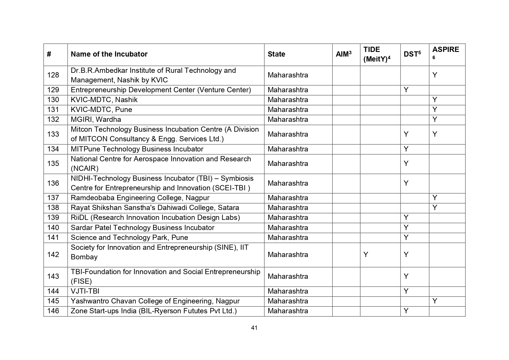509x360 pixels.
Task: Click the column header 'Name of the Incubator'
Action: click(x=109, y=54)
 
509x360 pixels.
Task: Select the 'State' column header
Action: click(x=276, y=54)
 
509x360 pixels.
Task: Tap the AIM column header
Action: click(x=343, y=54)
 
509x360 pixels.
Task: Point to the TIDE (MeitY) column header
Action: click(x=376, y=54)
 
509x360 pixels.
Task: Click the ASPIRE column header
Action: click(x=445, y=50)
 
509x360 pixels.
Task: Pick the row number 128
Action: click(x=53, y=75)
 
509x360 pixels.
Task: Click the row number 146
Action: click(x=53, y=311)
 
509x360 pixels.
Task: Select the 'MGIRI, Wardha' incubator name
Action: click(x=96, y=120)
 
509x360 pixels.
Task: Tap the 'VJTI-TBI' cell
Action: click(x=85, y=291)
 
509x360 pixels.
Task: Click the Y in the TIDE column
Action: click(x=366, y=255)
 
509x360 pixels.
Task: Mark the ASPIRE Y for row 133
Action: click(x=434, y=134)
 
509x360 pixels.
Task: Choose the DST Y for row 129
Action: click(x=406, y=90)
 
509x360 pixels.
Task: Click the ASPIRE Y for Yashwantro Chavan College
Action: click(x=434, y=301)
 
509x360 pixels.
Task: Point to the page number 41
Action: click(x=254, y=328)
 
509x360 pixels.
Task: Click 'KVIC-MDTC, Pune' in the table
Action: click(x=101, y=110)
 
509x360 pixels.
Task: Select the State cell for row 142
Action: click(x=288, y=255)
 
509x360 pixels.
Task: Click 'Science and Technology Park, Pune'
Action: click(x=129, y=238)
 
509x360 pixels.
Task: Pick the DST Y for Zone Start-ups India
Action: click(x=406, y=311)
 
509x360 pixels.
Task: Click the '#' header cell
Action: click(x=49, y=54)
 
